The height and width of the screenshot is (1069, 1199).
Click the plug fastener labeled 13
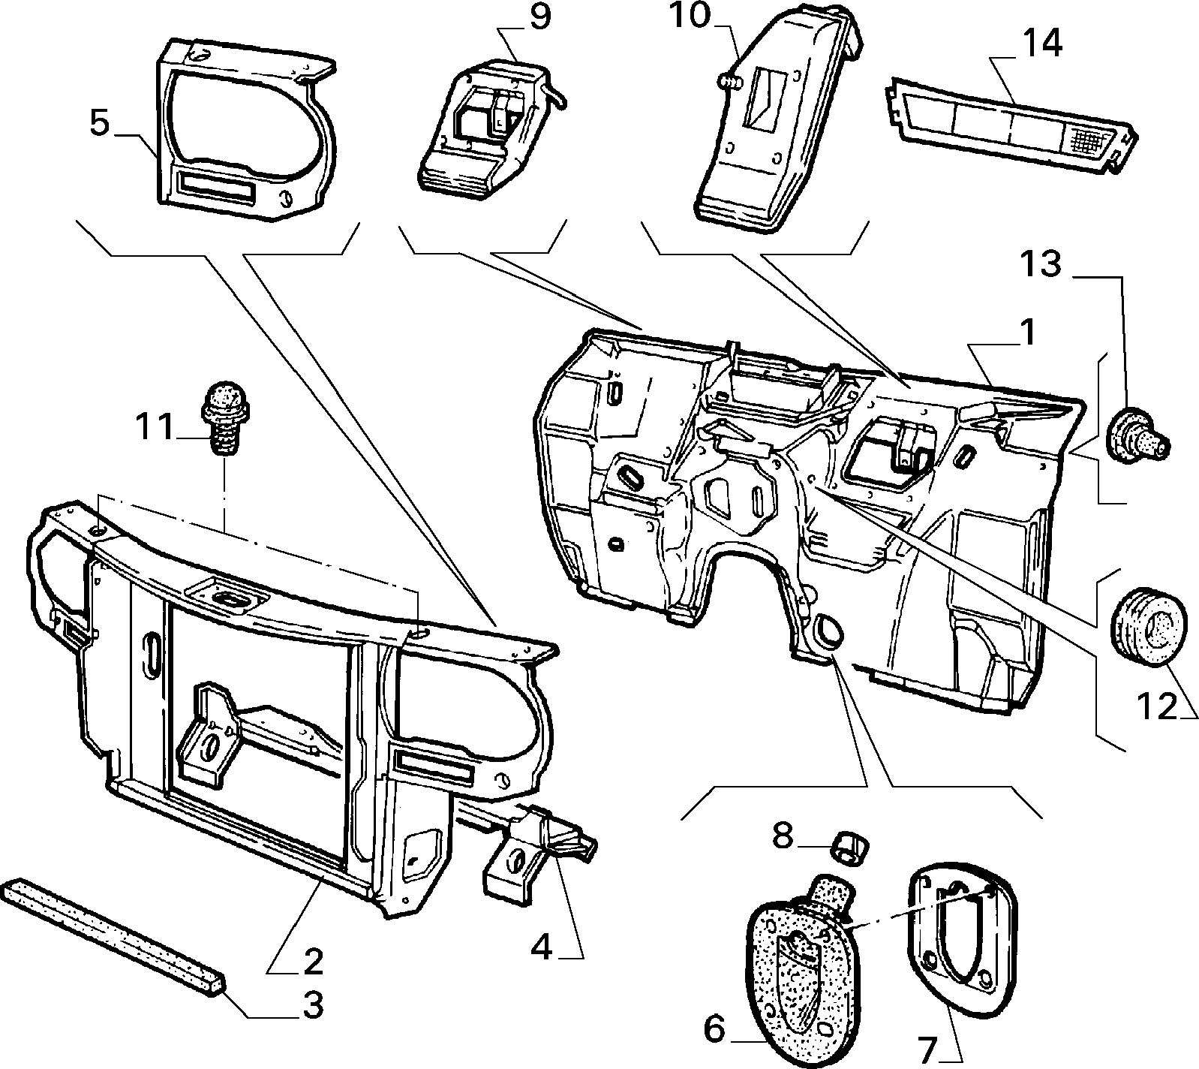tap(1138, 435)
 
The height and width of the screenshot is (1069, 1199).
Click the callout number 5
tap(100, 124)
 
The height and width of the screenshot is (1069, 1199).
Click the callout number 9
tap(539, 17)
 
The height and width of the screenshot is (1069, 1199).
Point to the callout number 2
tap(312, 961)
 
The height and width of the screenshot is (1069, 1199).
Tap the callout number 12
tap(1157, 706)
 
